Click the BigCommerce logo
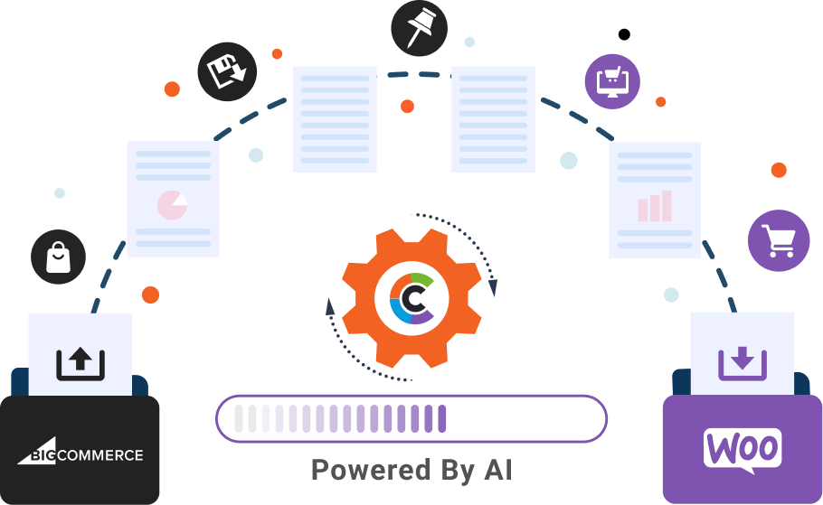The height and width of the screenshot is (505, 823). pyautogui.click(x=80, y=452)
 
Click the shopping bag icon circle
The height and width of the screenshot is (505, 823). pyautogui.click(x=58, y=257)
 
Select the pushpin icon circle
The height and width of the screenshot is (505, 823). pyautogui.click(x=420, y=28)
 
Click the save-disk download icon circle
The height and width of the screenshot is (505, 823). pyautogui.click(x=227, y=71)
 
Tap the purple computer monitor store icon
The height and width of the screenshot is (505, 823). pyautogui.click(x=612, y=81)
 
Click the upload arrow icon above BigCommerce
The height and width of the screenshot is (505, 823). pyautogui.click(x=80, y=362)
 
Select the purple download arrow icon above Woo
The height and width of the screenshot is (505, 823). pyautogui.click(x=743, y=363)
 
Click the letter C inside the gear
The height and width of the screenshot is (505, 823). pyautogui.click(x=412, y=298)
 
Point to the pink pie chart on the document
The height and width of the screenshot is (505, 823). pyautogui.click(x=172, y=205)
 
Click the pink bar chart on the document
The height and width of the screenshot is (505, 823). pyautogui.click(x=655, y=206)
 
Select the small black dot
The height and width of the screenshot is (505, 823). pyautogui.click(x=624, y=34)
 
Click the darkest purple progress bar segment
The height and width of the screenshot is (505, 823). pyautogui.click(x=442, y=418)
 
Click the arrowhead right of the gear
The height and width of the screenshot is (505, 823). pyautogui.click(x=492, y=288)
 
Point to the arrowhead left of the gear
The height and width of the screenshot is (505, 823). pyautogui.click(x=329, y=307)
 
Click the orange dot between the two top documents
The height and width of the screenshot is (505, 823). pyautogui.click(x=407, y=107)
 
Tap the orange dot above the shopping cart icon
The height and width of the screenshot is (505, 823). pyautogui.click(x=779, y=171)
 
